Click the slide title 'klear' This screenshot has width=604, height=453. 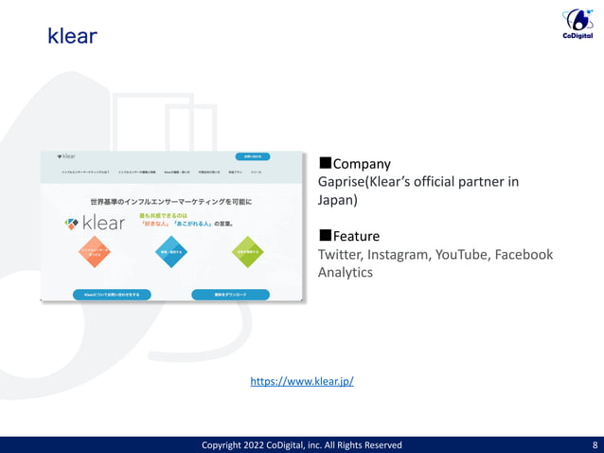click(72, 37)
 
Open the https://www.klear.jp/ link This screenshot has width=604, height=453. click(301, 381)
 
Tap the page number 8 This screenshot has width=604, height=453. click(594, 444)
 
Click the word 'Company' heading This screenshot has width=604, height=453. click(362, 164)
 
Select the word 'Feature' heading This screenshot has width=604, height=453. click(356, 236)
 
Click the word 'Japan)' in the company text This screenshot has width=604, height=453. click(337, 200)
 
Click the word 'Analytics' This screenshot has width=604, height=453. click(345, 272)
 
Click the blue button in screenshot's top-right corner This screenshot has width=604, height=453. click(252, 156)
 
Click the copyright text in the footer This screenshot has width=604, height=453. click(302, 444)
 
